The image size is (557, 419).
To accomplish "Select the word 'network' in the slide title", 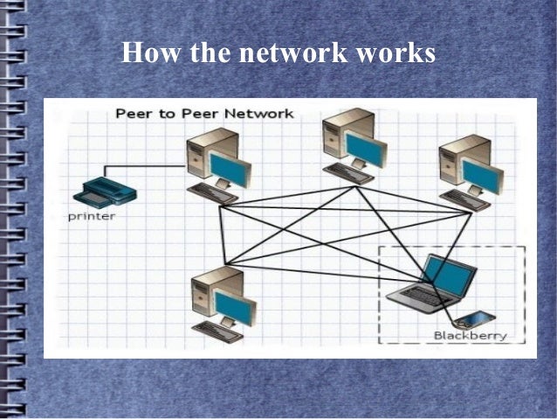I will (290, 52).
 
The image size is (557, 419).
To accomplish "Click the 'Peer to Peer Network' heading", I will (204, 114).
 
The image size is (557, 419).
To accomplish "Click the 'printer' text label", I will (91, 216).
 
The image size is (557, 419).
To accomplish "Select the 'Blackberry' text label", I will (469, 335).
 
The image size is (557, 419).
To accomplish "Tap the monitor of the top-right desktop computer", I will (481, 176).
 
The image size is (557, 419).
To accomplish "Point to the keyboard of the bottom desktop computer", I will (217, 331).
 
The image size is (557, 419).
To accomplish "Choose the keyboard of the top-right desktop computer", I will (464, 200).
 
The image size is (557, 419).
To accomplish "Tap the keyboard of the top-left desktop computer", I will (213, 192).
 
